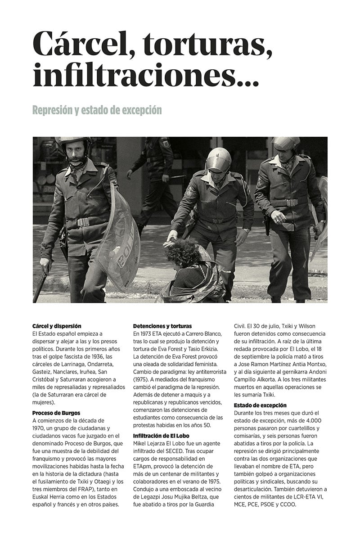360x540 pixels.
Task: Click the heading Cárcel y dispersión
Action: tap(57, 326)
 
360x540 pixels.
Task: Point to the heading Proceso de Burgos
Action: tap(56, 412)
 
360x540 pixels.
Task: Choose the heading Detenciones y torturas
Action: tap(162, 326)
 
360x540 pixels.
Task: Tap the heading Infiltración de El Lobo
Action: tap(161, 436)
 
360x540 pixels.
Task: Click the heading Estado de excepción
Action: tap(260, 405)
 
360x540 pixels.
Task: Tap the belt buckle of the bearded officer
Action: tap(83, 222)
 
